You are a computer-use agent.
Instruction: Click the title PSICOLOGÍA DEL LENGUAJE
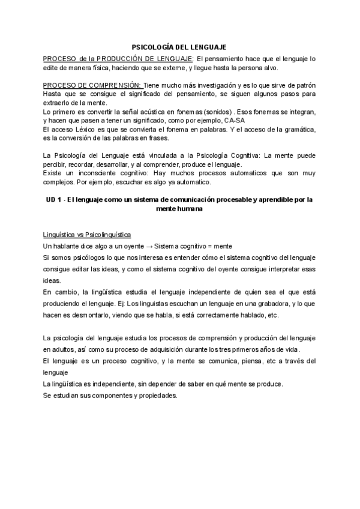click(x=179, y=46)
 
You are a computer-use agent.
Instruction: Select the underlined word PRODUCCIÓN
click(x=118, y=58)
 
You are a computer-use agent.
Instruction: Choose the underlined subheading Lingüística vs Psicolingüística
click(x=88, y=234)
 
